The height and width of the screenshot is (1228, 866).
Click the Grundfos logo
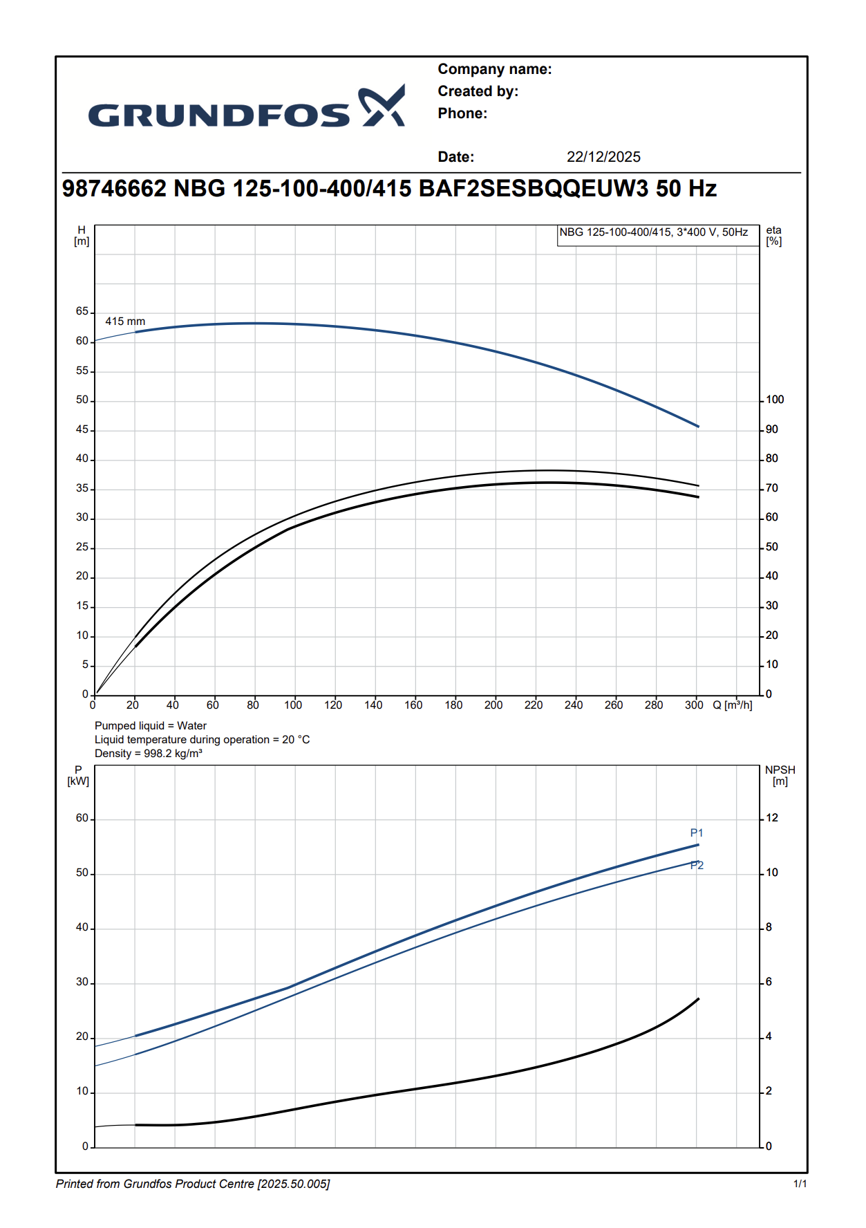click(246, 108)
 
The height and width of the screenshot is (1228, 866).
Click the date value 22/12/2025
click(603, 157)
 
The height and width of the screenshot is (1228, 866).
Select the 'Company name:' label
click(494, 69)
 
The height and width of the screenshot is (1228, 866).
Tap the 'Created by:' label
click(478, 91)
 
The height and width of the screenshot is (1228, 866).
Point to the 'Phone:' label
click(462, 113)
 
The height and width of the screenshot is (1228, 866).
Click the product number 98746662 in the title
click(114, 189)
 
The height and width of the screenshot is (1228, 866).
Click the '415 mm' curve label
click(125, 322)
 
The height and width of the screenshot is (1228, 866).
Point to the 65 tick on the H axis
click(82, 312)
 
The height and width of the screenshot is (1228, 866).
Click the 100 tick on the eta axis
click(775, 400)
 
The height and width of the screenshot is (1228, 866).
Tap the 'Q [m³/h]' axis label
click(732, 705)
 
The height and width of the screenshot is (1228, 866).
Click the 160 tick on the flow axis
click(413, 705)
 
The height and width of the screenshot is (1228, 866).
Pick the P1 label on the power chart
click(697, 833)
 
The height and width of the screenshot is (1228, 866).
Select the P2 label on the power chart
click(697, 866)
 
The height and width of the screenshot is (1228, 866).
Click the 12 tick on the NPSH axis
click(772, 818)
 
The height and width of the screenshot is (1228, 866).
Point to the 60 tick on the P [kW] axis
click(82, 819)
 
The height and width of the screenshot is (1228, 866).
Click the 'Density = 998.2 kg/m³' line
click(149, 754)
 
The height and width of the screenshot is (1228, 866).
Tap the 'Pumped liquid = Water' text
click(151, 726)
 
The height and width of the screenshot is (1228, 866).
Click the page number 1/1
click(800, 1184)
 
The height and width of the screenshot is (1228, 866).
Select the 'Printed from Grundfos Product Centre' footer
click(193, 1184)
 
